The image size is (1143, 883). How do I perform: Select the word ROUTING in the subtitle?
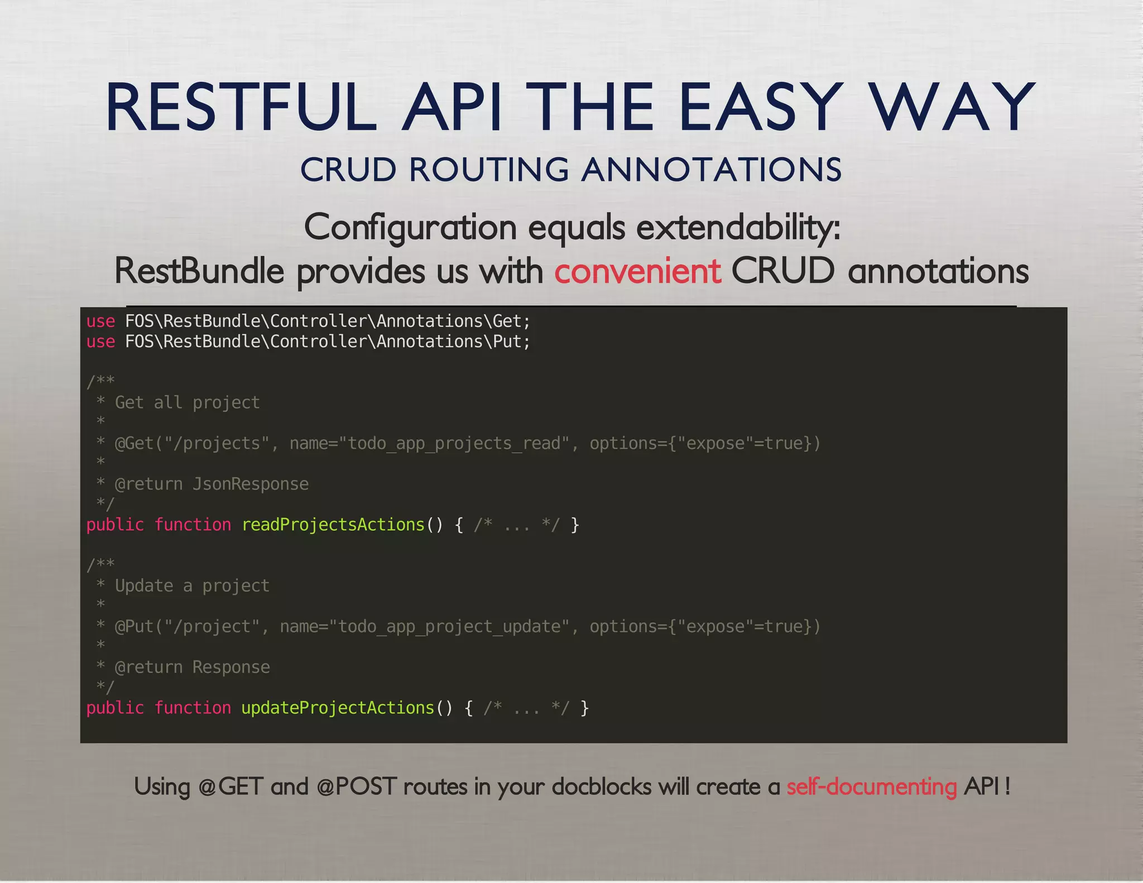click(x=489, y=170)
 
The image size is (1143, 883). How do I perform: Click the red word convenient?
click(x=637, y=271)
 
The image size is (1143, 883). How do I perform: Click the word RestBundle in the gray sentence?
click(x=199, y=271)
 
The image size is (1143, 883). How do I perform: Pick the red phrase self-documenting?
click(x=871, y=787)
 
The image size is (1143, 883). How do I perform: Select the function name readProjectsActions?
click(x=333, y=525)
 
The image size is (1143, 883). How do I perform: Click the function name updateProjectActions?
click(x=338, y=708)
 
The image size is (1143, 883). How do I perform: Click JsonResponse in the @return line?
click(x=251, y=484)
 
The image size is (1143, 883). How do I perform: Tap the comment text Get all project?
click(x=187, y=402)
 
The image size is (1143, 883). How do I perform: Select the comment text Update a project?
click(x=192, y=586)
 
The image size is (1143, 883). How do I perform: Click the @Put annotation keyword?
click(x=134, y=626)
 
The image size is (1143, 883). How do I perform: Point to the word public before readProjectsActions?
click(x=115, y=525)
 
